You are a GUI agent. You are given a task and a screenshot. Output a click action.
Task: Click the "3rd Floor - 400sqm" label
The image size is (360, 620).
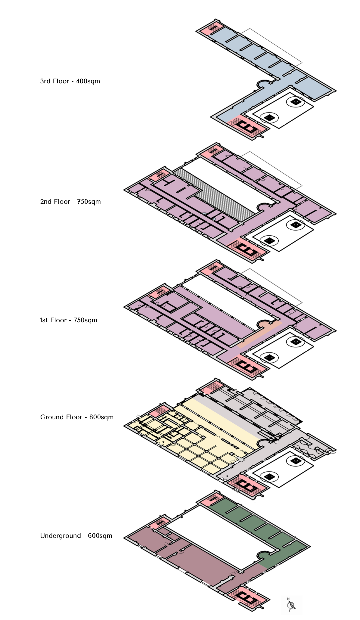70,81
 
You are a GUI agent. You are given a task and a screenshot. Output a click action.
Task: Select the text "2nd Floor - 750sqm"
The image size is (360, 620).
70,202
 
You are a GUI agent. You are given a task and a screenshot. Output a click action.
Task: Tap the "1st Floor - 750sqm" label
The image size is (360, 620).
69,320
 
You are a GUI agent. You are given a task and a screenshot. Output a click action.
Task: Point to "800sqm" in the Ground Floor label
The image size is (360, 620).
101,417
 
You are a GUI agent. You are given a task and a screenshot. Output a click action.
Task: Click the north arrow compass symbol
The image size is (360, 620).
291,605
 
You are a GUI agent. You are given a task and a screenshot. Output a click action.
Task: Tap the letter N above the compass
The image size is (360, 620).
288,599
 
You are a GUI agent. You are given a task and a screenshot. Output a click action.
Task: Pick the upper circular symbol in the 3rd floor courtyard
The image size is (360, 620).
296,102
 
